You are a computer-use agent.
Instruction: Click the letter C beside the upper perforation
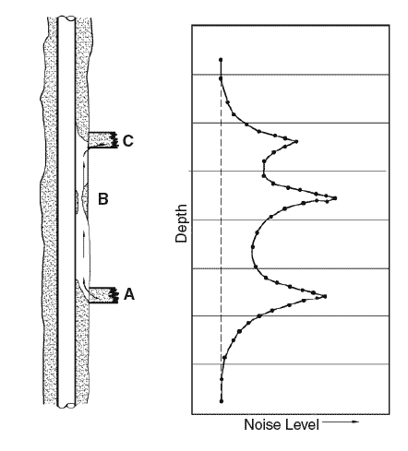click(x=127, y=141)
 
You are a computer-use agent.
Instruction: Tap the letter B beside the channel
click(x=103, y=199)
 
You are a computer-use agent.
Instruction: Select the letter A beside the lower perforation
click(x=129, y=294)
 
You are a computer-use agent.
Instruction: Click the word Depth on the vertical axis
click(x=181, y=223)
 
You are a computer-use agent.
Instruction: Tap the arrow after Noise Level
click(x=341, y=421)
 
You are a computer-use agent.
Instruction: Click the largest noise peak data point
click(x=335, y=198)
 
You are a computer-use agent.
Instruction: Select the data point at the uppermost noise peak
click(x=296, y=141)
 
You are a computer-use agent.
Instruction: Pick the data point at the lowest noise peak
click(x=325, y=296)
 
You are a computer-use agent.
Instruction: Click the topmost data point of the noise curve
click(x=221, y=60)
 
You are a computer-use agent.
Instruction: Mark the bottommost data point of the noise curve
click(x=222, y=401)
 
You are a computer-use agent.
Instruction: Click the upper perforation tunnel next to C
click(x=102, y=140)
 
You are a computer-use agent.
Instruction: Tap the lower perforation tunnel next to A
click(x=102, y=295)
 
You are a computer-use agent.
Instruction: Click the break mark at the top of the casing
click(x=66, y=18)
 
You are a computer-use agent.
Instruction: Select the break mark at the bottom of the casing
click(x=66, y=406)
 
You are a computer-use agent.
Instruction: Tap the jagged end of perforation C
click(x=115, y=140)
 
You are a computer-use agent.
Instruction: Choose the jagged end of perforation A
click(x=115, y=295)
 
